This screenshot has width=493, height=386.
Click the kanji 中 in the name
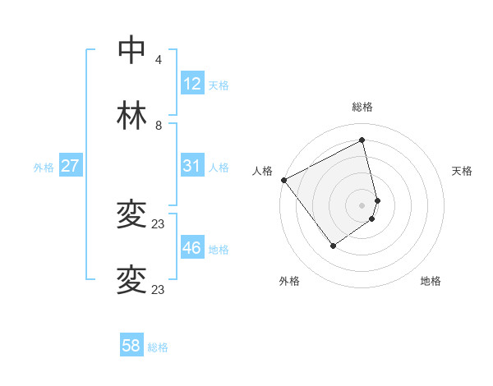pyautogui.click(x=131, y=50)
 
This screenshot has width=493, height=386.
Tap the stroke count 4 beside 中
pyautogui.click(x=159, y=60)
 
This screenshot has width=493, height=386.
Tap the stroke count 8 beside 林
pyautogui.click(x=159, y=126)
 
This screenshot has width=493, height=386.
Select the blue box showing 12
pyautogui.click(x=191, y=84)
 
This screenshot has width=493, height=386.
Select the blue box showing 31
pyautogui.click(x=191, y=166)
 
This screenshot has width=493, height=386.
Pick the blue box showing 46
pyautogui.click(x=191, y=248)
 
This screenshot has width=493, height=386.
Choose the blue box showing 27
pyautogui.click(x=71, y=166)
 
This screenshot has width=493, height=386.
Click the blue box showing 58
pyautogui.click(x=131, y=346)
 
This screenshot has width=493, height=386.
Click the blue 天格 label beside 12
pyautogui.click(x=219, y=85)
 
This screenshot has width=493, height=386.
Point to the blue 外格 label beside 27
pyautogui.click(x=44, y=168)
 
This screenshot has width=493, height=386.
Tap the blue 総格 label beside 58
pyautogui.click(x=158, y=347)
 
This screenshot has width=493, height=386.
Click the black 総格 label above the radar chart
pyautogui.click(x=362, y=107)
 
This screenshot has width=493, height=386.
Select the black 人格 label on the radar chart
pyautogui.click(x=262, y=171)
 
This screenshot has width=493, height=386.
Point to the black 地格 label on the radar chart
pyautogui.click(x=431, y=281)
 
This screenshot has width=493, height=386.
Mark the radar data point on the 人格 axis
pyautogui.click(x=283, y=180)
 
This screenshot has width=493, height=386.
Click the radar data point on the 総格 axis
pyautogui.click(x=362, y=140)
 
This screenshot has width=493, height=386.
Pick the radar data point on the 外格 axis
pyautogui.click(x=333, y=246)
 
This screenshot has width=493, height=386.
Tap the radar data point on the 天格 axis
pyautogui.click(x=377, y=200)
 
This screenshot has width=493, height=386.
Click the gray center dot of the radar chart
pyautogui.click(x=362, y=204)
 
